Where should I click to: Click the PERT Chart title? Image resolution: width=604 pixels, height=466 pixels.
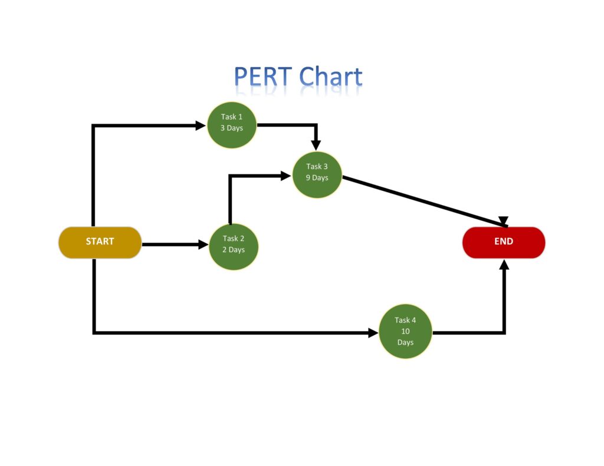pos(298,77)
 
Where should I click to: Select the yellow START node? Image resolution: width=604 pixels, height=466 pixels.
pos(100,242)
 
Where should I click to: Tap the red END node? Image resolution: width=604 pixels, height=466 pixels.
pos(503,242)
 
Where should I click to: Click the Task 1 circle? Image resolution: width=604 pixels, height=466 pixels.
pos(232,124)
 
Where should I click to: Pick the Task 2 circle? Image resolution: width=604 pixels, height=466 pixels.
pos(234,246)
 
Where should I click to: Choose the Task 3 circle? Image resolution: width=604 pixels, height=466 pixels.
pos(317,173)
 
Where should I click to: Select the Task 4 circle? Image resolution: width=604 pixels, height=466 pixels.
pos(405,332)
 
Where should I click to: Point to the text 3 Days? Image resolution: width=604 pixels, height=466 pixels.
pos(232,128)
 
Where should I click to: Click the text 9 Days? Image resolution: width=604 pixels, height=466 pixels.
pos(317,178)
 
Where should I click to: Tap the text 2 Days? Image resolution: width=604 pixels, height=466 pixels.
pos(234,250)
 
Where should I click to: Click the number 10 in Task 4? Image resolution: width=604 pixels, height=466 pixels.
pos(405,332)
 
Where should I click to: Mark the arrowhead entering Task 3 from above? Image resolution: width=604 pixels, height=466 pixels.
pos(316,145)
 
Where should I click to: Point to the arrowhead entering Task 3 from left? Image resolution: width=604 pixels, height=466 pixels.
pos(286,175)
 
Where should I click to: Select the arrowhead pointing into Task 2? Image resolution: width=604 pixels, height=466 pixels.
pos(203,244)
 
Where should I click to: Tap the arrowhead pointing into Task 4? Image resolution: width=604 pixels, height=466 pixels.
pos(373,333)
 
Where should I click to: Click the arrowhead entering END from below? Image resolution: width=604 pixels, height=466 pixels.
pos(504,265)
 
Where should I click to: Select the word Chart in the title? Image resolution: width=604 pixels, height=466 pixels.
pos(330,77)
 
